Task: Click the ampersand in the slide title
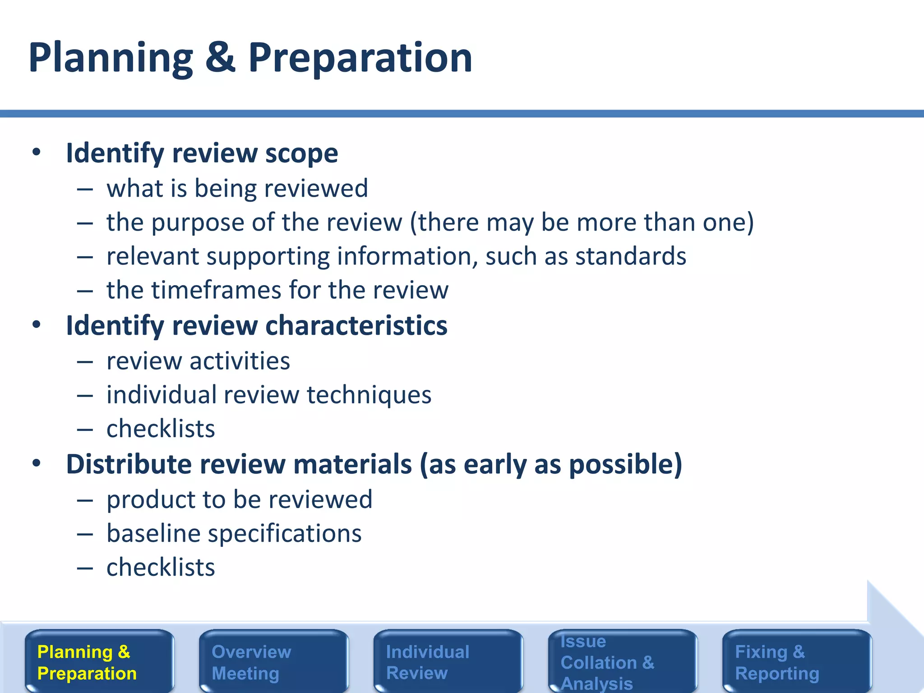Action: pos(220,58)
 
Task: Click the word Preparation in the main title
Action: pos(360,58)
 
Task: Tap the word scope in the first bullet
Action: pos(301,153)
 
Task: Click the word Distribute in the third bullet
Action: pos(129,464)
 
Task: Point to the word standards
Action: pos(631,256)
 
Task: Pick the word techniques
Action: pos(369,395)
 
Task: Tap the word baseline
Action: pos(153,534)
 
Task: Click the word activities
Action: pos(240,361)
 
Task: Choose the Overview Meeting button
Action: pos(274,661)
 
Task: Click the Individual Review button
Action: pos(448,661)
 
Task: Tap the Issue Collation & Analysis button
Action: pos(623,661)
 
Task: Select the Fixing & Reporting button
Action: pos(797,661)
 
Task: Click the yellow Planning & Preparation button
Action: pos(99,661)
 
